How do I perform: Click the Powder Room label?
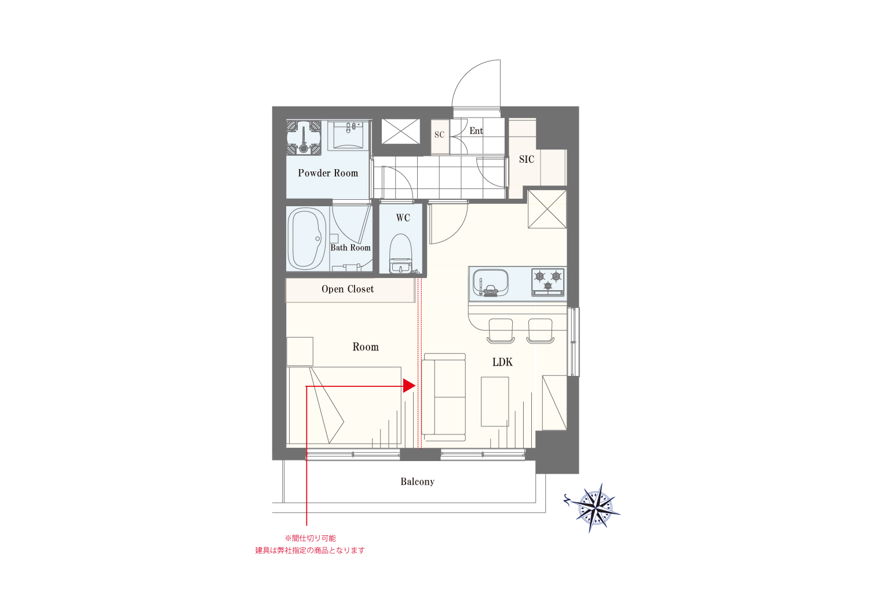click(328, 173)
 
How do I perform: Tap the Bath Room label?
click(350, 247)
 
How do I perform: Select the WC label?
click(403, 218)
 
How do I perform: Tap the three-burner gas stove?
click(548, 282)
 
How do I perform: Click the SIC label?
click(527, 159)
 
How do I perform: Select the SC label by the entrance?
click(439, 134)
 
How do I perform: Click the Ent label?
click(476, 131)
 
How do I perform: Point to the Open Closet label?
click(348, 289)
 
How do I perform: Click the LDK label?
click(502, 362)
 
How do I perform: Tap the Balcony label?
click(418, 481)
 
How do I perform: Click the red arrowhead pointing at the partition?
click(409, 386)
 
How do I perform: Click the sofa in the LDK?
click(444, 397)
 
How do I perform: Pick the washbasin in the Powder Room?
click(349, 136)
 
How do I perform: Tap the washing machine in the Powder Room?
click(304, 138)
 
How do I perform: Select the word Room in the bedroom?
click(366, 347)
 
